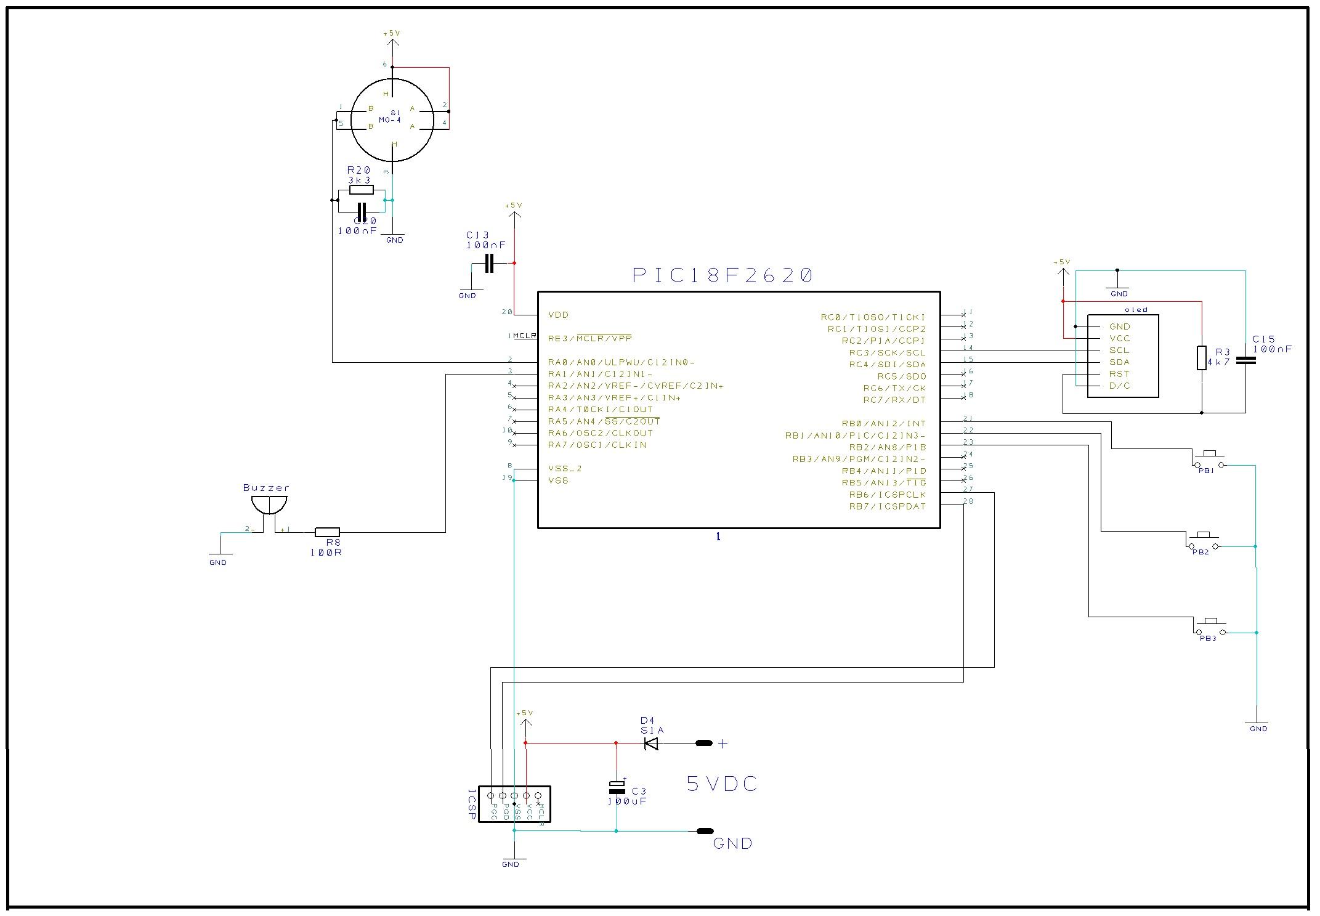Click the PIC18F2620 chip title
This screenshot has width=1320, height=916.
tap(723, 275)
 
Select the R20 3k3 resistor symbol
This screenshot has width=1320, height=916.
tap(361, 190)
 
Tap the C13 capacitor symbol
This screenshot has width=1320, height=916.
tap(490, 264)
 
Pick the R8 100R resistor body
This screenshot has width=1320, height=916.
tap(327, 532)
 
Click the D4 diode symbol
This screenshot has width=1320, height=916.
tap(651, 744)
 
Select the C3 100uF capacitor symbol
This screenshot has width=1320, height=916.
tap(617, 787)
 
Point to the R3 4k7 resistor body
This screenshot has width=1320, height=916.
tap(1201, 358)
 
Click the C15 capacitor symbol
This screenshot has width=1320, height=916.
tap(1245, 360)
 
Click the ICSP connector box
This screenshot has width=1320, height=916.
tap(514, 804)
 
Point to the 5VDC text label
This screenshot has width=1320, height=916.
tap(722, 784)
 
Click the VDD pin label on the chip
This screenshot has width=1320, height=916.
tap(558, 315)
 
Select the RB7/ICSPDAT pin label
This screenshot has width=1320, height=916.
tap(887, 506)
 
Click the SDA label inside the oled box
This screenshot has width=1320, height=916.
tap(1119, 362)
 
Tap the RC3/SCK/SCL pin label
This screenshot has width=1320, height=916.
tap(887, 352)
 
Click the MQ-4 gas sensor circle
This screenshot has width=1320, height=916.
tap(392, 120)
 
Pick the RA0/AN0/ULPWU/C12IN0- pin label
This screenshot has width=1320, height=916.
tap(622, 362)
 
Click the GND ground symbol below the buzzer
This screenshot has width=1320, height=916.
tap(218, 555)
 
